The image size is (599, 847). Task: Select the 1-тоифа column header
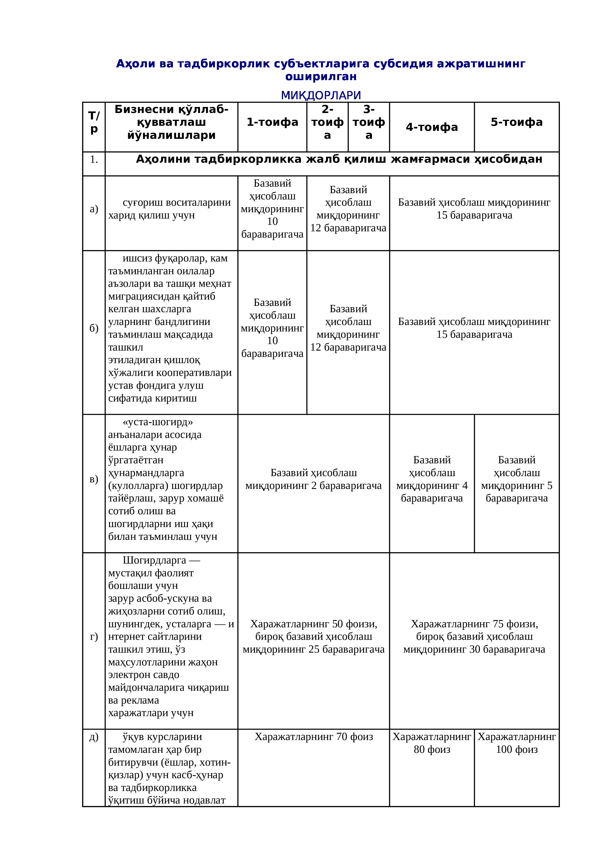pos(272,122)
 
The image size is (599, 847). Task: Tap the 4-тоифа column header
pos(432,127)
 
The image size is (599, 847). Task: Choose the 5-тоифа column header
pos(516,122)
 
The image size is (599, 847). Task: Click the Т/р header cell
pos(94,122)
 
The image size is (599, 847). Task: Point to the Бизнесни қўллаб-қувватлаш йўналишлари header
pos(171,122)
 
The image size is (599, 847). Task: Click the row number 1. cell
pos(94,159)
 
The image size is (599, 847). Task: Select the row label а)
pos(94,209)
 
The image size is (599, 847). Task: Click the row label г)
pos(94,636)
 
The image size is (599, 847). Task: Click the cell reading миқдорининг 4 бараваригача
pos(432,479)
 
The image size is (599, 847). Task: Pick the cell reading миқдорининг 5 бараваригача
pos(516,479)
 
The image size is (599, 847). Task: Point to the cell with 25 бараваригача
pos(314,636)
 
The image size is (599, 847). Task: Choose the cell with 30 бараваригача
pos(474,636)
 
